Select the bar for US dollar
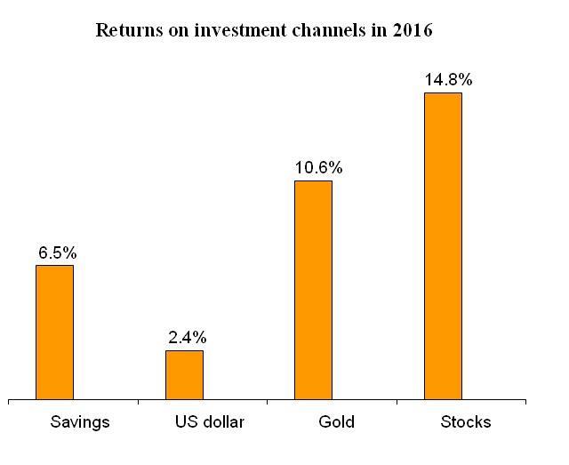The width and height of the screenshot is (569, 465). pyautogui.click(x=184, y=374)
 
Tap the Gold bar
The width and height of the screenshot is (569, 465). pyautogui.click(x=313, y=290)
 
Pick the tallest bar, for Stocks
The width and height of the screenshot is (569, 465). pyautogui.click(x=443, y=245)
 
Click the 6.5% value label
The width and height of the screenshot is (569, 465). pyautogui.click(x=57, y=253)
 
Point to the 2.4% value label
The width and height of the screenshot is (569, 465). pyautogui.click(x=187, y=338)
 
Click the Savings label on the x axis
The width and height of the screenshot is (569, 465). pyautogui.click(x=80, y=422)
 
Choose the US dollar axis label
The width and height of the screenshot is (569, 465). pyautogui.click(x=209, y=422)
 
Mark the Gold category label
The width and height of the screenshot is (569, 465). pyautogui.click(x=336, y=422)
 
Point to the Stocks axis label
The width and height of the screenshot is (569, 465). pyautogui.click(x=466, y=422)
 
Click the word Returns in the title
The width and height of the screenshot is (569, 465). pyautogui.click(x=124, y=31)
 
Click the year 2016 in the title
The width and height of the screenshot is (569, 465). pyautogui.click(x=412, y=31)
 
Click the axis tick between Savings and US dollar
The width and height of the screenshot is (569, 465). pyautogui.click(x=138, y=403)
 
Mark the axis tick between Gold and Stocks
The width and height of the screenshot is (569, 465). pyautogui.click(x=396, y=403)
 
